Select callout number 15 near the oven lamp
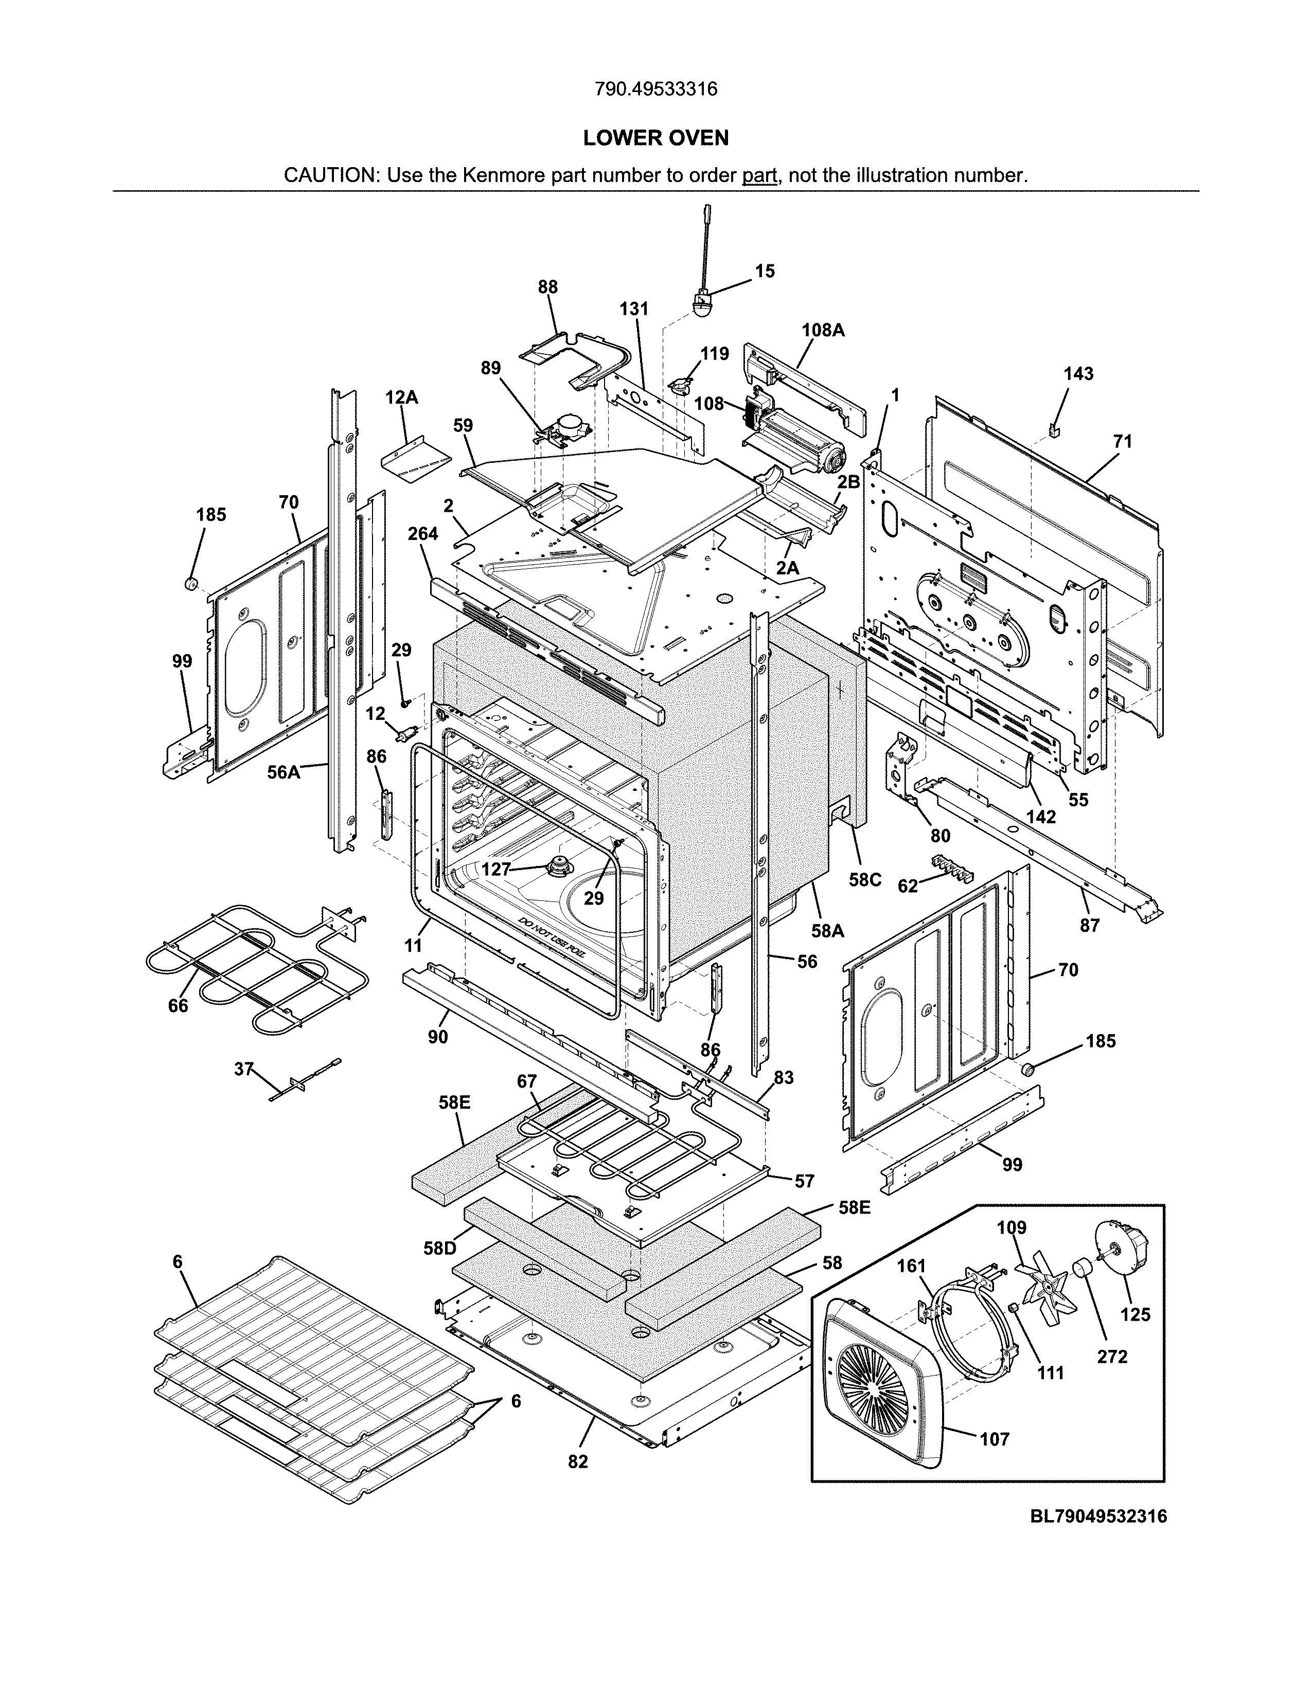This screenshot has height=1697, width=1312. pos(765,271)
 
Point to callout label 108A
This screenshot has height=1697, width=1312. pos(822,330)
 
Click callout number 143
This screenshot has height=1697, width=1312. pos(1078,374)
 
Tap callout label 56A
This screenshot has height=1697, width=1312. pos(283,772)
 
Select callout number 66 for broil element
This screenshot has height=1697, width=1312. pos(178,1005)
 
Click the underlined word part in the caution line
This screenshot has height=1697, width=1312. pos(759,175)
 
